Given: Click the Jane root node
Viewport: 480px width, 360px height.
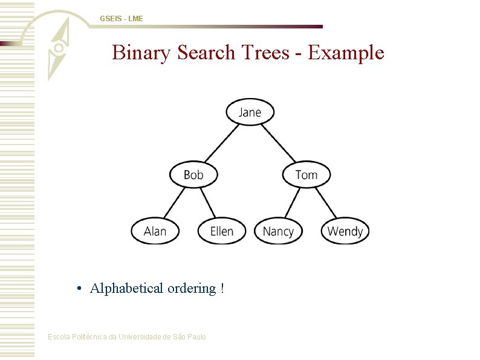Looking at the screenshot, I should point(250,112).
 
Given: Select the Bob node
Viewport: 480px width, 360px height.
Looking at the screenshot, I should point(193,175).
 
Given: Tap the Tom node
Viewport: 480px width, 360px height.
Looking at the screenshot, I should point(306,175).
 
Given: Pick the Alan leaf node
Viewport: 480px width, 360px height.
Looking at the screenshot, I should point(155,231).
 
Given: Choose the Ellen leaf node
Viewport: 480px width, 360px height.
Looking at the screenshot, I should point(222,231).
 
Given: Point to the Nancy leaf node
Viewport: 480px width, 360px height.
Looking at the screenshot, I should point(278,231).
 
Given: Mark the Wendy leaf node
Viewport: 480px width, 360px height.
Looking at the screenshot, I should point(345,231).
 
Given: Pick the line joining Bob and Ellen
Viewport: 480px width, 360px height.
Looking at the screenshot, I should point(208,203).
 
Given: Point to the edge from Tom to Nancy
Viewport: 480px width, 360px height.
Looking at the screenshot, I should point(292,203).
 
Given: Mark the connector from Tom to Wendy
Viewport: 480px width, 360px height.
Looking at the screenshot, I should point(326,203).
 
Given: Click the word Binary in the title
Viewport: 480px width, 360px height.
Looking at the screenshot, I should point(143,53).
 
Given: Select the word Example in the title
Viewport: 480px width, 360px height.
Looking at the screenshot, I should point(346,53).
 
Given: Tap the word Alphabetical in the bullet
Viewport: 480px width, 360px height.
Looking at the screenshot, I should point(126,289).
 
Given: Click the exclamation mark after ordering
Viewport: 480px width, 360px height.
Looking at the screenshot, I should point(222,289).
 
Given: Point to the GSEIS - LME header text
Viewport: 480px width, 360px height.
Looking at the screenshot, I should point(122,19).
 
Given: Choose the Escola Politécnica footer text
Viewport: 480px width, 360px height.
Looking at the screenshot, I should point(127,336).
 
